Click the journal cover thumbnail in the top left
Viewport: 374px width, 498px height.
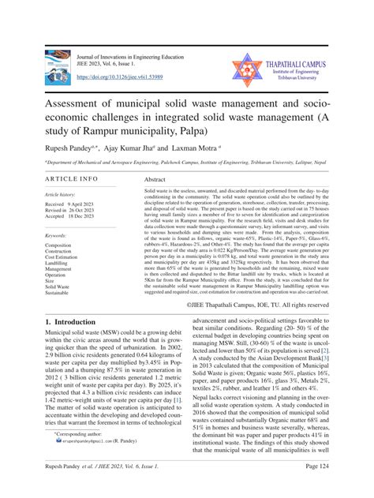tap(58, 67)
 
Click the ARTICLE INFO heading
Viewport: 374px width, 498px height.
tap(72, 179)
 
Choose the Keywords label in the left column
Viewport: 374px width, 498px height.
tap(57, 235)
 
